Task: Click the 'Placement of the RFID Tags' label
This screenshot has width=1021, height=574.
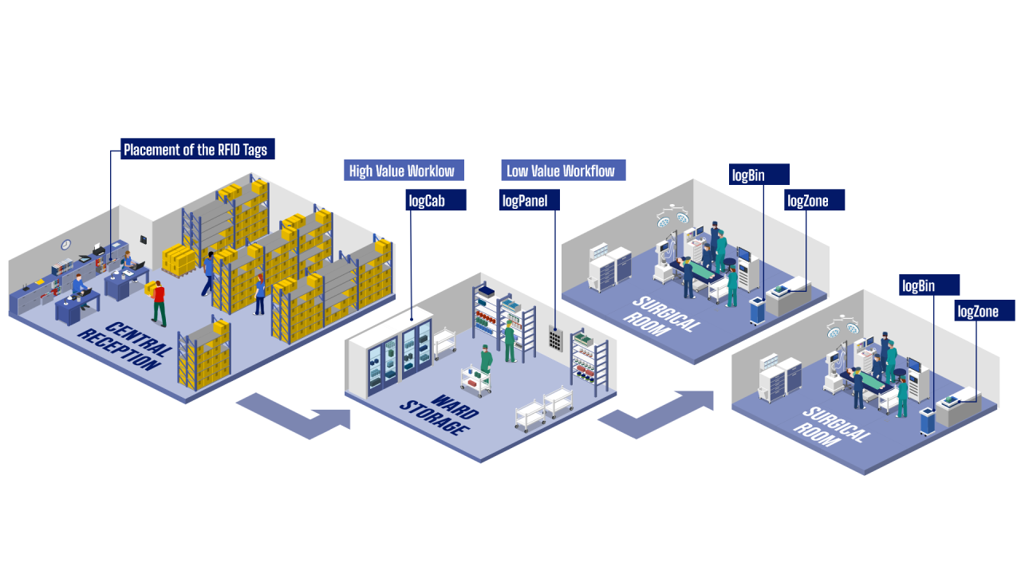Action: click(195, 149)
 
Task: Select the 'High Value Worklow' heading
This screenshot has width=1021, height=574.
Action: click(402, 171)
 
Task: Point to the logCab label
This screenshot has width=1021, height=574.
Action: click(436, 200)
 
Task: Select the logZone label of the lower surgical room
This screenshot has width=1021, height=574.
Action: click(985, 311)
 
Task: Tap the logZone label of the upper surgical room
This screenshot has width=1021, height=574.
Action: click(813, 200)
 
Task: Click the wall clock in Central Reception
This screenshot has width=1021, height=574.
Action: click(65, 245)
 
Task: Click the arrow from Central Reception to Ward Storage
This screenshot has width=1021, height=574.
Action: click(294, 415)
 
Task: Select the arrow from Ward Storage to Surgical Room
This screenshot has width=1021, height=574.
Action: click(656, 412)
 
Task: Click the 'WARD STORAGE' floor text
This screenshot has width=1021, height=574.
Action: click(440, 413)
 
